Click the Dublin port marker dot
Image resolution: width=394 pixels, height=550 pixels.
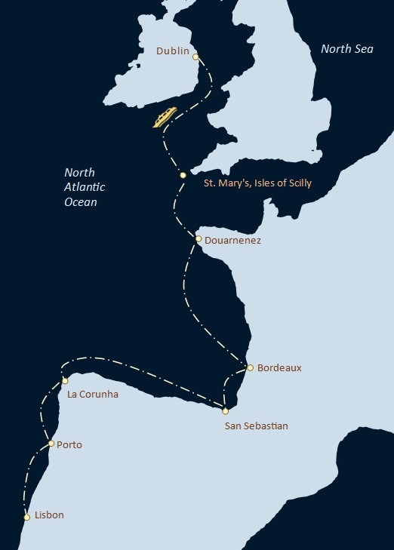coord(195,57)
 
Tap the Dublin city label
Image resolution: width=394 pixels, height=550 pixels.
coord(173,51)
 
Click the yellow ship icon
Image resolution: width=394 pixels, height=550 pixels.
coord(165,117)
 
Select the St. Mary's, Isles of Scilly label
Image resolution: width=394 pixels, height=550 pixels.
coord(258,183)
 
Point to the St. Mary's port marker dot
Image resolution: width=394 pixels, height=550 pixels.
coord(183,175)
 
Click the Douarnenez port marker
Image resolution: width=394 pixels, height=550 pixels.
coord(198,239)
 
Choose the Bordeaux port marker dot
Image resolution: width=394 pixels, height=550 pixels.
coord(250,367)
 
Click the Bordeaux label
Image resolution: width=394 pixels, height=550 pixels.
coord(279,368)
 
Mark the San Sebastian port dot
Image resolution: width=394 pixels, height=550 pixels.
coord(225,410)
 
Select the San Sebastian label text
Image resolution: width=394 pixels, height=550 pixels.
coord(257,426)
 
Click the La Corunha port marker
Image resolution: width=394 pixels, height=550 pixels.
coord(65,381)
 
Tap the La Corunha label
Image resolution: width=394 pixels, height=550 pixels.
coord(93,394)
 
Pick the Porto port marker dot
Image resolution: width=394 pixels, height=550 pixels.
coord(51,444)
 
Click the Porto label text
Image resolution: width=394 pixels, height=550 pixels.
coord(69,445)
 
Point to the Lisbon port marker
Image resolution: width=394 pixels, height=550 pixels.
coord(27,517)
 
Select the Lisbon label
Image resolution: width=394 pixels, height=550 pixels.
coord(49,515)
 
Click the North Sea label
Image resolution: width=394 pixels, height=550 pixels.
coord(346,48)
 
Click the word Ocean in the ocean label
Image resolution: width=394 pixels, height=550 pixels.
coord(81,202)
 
